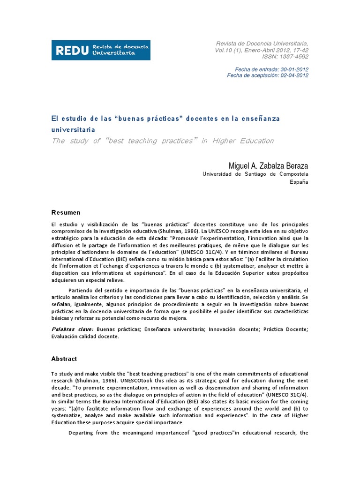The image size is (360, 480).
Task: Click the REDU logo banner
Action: [x=101, y=50]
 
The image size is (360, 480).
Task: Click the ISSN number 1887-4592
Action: [x=292, y=57]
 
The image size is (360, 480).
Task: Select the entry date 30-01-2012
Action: [x=294, y=69]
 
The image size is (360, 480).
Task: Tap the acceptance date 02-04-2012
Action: [x=294, y=75]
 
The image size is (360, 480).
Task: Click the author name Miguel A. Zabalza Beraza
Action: [x=268, y=166]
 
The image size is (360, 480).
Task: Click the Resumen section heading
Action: [x=66, y=212]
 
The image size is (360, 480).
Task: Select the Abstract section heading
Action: [x=64, y=359]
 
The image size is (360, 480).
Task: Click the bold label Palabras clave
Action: [x=73, y=330]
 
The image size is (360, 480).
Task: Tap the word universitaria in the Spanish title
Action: [x=73, y=129]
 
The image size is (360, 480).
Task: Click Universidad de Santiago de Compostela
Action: [x=255, y=174]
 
